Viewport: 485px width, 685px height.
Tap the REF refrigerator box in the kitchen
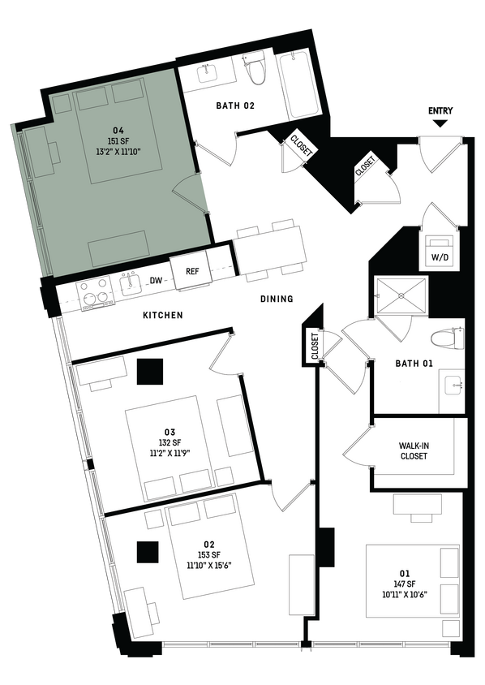(x=192, y=272)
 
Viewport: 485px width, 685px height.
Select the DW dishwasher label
(x=156, y=281)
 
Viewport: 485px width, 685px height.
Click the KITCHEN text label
(x=162, y=315)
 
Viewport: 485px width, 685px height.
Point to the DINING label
(x=277, y=299)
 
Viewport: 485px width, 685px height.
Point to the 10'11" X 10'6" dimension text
(x=404, y=594)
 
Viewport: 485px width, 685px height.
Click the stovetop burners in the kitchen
(x=96, y=291)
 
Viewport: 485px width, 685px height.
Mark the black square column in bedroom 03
(x=150, y=373)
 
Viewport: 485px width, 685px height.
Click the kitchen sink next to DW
(x=130, y=282)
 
